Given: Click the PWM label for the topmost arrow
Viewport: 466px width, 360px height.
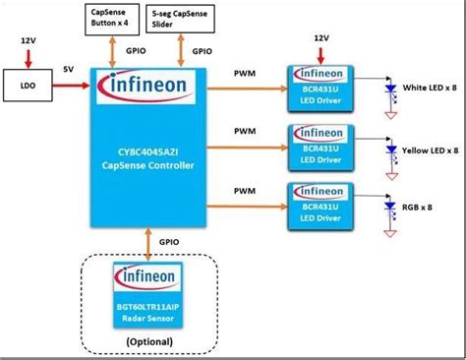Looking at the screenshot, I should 246,72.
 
